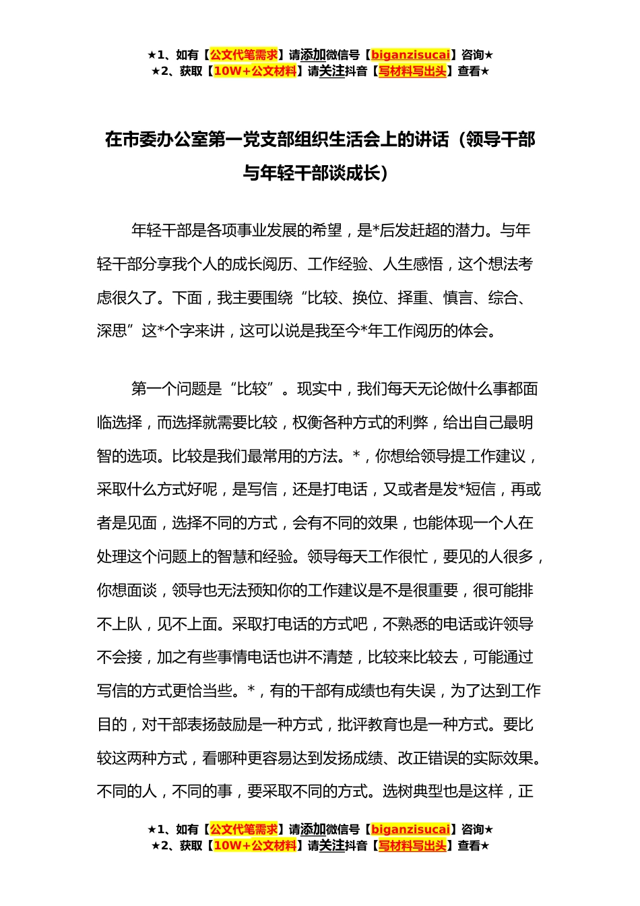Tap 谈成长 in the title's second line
tap(356, 173)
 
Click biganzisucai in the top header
tap(410, 55)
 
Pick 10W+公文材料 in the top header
tap(255, 71)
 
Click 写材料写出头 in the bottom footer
tap(412, 846)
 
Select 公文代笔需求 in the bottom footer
tap(244, 829)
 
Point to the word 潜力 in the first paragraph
tap(471, 231)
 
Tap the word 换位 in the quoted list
tap(368, 298)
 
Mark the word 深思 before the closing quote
tap(112, 332)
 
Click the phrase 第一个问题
tap(177, 389)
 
